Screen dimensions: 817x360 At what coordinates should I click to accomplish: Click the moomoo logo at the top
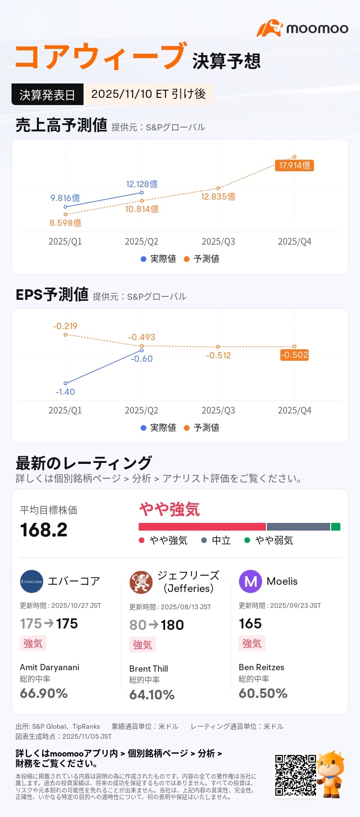(x=302, y=28)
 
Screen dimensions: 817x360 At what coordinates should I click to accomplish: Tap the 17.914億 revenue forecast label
(x=294, y=166)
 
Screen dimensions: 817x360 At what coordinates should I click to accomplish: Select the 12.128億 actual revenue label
(x=142, y=184)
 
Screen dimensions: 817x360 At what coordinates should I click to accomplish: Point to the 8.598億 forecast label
(x=65, y=223)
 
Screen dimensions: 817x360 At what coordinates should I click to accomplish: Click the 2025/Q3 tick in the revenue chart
(x=218, y=242)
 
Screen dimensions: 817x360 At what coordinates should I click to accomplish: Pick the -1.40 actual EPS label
(x=65, y=392)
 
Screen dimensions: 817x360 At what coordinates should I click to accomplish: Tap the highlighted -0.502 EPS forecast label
(x=294, y=355)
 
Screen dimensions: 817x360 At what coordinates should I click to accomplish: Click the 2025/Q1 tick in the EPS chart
(x=65, y=411)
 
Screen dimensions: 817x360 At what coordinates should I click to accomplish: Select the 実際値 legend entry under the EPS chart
(x=158, y=427)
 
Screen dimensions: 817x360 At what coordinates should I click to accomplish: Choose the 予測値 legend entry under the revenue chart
(x=202, y=259)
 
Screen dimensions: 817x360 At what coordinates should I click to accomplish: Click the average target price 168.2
(x=44, y=530)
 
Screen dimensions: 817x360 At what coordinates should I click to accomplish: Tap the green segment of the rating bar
(x=336, y=527)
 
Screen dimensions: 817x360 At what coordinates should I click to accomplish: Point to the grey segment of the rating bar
(x=298, y=527)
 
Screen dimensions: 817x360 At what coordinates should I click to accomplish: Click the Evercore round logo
(x=32, y=581)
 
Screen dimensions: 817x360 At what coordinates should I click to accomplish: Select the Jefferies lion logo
(x=141, y=582)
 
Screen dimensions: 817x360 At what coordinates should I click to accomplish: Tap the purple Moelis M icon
(x=251, y=581)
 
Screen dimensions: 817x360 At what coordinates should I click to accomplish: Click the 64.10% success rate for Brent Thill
(x=152, y=695)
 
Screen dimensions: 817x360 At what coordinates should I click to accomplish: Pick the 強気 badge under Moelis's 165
(x=252, y=643)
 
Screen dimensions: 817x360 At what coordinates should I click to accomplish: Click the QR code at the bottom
(x=295, y=775)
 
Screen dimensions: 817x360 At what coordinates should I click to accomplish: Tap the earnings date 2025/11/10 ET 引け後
(x=148, y=94)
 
